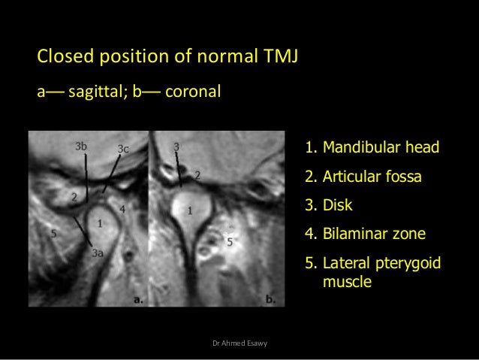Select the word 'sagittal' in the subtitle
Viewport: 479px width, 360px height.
click(x=97, y=92)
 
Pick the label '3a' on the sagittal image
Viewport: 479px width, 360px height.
click(x=98, y=254)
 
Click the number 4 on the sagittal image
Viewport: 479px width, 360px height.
click(x=122, y=205)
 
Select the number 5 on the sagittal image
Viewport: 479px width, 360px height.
click(x=53, y=234)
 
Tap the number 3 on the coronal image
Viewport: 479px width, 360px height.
click(x=176, y=145)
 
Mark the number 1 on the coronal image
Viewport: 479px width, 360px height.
click(x=191, y=209)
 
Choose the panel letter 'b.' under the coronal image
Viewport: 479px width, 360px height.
click(x=270, y=298)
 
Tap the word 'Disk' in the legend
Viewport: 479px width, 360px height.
click(x=336, y=205)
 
